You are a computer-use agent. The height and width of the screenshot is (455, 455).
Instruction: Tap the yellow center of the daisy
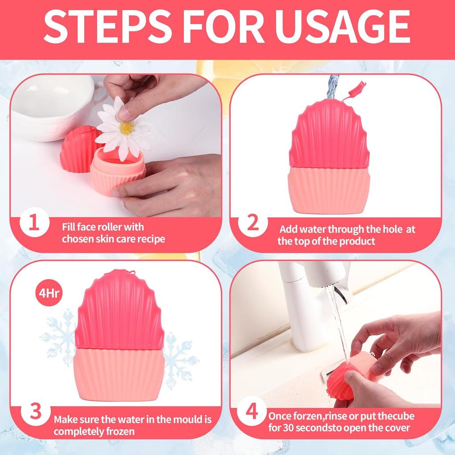click(x=127, y=128)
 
